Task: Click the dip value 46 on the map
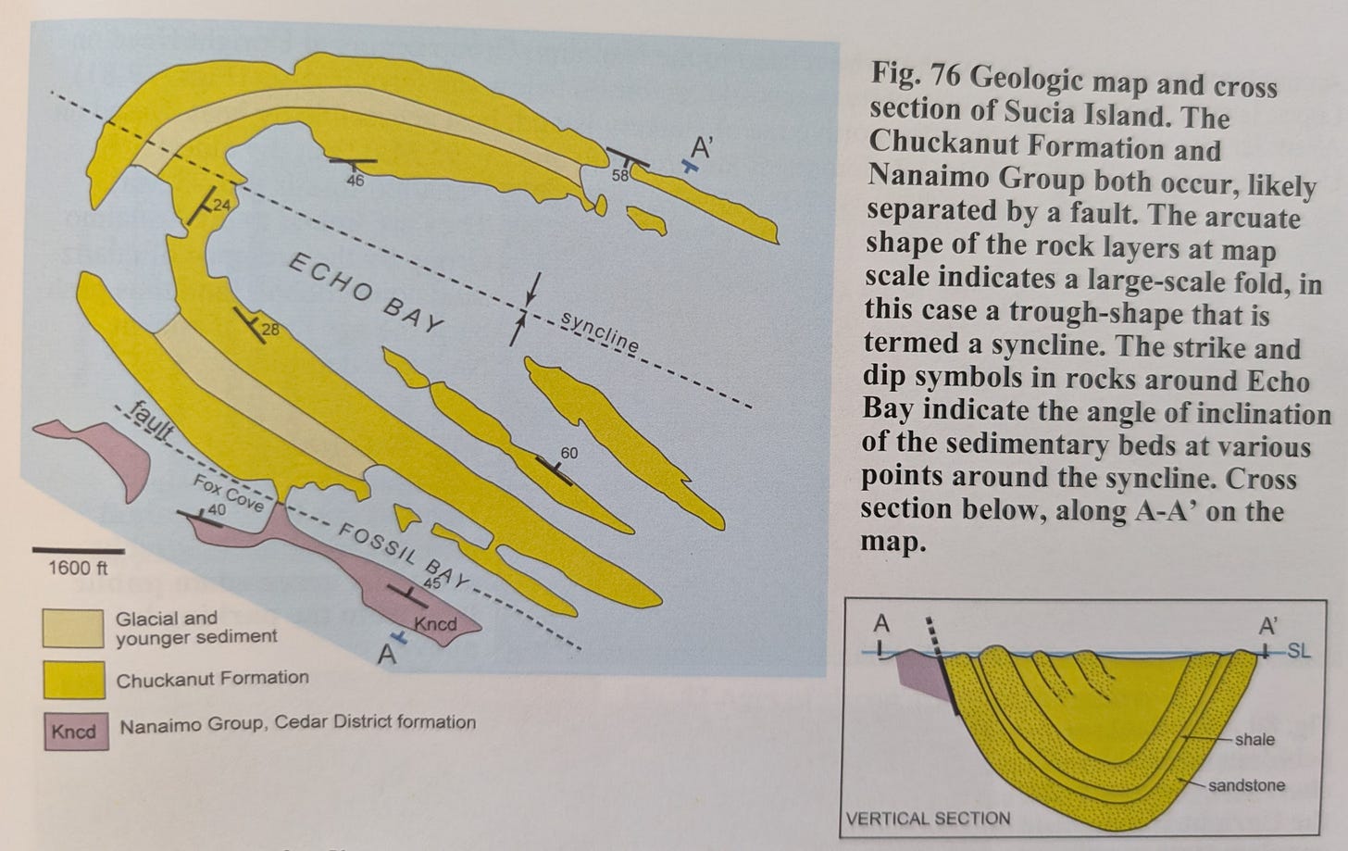pyautogui.click(x=356, y=180)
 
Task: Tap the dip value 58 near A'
pyautogui.click(x=620, y=176)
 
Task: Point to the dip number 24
pyautogui.click(x=221, y=206)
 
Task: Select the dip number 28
pyautogui.click(x=270, y=330)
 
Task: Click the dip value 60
pyautogui.click(x=568, y=453)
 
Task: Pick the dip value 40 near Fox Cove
pyautogui.click(x=217, y=510)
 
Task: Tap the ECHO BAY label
pyautogui.click(x=367, y=294)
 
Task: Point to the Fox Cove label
pyautogui.click(x=229, y=493)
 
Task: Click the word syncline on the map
pyautogui.click(x=599, y=332)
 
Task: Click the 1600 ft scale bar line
pyautogui.click(x=78, y=551)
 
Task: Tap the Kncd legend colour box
pyautogui.click(x=77, y=732)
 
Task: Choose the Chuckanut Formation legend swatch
pyautogui.click(x=74, y=680)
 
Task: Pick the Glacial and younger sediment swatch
pyautogui.click(x=73, y=629)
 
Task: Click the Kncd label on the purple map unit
pyautogui.click(x=436, y=624)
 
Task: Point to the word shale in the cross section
pyautogui.click(x=1254, y=740)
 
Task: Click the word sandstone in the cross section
pyautogui.click(x=1246, y=785)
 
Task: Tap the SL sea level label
pyautogui.click(x=1298, y=651)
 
